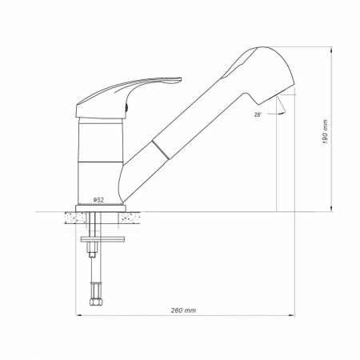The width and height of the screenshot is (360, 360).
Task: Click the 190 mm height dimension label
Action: (325, 132)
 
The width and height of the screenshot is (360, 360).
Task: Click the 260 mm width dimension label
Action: (183, 310)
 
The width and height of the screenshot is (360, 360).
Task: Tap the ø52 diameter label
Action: (98, 200)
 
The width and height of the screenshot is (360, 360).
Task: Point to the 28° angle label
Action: (258, 115)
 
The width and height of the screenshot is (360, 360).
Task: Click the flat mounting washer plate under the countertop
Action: (102, 239)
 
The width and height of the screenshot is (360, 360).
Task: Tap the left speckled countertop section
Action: (74, 218)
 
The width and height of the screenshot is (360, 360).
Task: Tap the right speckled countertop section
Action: (130, 218)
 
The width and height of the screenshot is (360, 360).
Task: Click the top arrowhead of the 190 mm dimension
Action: (331, 50)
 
